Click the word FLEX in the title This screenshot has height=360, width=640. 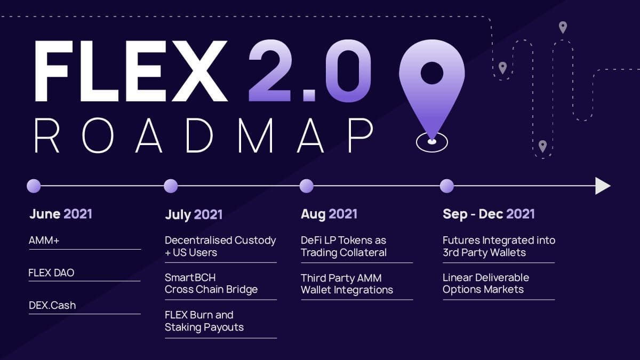[x=131, y=71]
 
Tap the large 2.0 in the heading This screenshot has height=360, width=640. [x=310, y=71]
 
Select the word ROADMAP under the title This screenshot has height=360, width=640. [x=204, y=135]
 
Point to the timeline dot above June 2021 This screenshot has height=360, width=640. [x=34, y=186]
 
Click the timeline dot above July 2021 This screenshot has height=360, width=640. [x=171, y=186]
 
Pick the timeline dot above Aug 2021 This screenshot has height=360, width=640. [x=307, y=186]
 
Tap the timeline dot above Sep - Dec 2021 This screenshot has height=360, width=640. [x=447, y=186]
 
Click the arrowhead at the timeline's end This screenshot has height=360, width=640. [x=603, y=186]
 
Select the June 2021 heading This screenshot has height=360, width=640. [x=61, y=214]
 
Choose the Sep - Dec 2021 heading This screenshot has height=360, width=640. [x=489, y=214]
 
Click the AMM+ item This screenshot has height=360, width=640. [x=44, y=241]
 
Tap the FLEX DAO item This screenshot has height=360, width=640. [x=51, y=273]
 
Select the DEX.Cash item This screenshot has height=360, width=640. [x=52, y=306]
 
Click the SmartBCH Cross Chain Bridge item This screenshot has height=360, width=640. [x=211, y=283]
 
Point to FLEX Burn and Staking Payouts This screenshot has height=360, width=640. [x=204, y=321]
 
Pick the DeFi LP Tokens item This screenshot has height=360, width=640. [x=343, y=246]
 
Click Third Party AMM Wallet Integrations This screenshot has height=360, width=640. [x=347, y=284]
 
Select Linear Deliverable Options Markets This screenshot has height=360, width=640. [x=486, y=283]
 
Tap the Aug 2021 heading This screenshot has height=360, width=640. [x=329, y=214]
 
